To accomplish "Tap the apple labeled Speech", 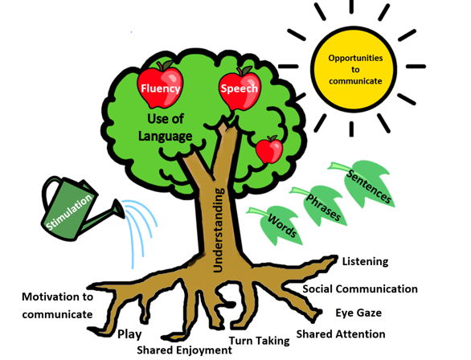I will click(238, 88).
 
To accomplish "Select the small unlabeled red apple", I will click(268, 150).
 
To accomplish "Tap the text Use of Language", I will click(170, 128).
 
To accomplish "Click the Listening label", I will click(365, 261).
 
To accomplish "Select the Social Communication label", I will click(359, 288).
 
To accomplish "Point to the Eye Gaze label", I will click(358, 313).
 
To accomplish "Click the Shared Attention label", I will click(341, 333).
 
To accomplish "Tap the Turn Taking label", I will click(259, 341).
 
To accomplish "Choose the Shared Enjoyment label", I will click(184, 350).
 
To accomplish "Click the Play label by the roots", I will click(130, 333).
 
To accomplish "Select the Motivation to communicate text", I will click(57, 305).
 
